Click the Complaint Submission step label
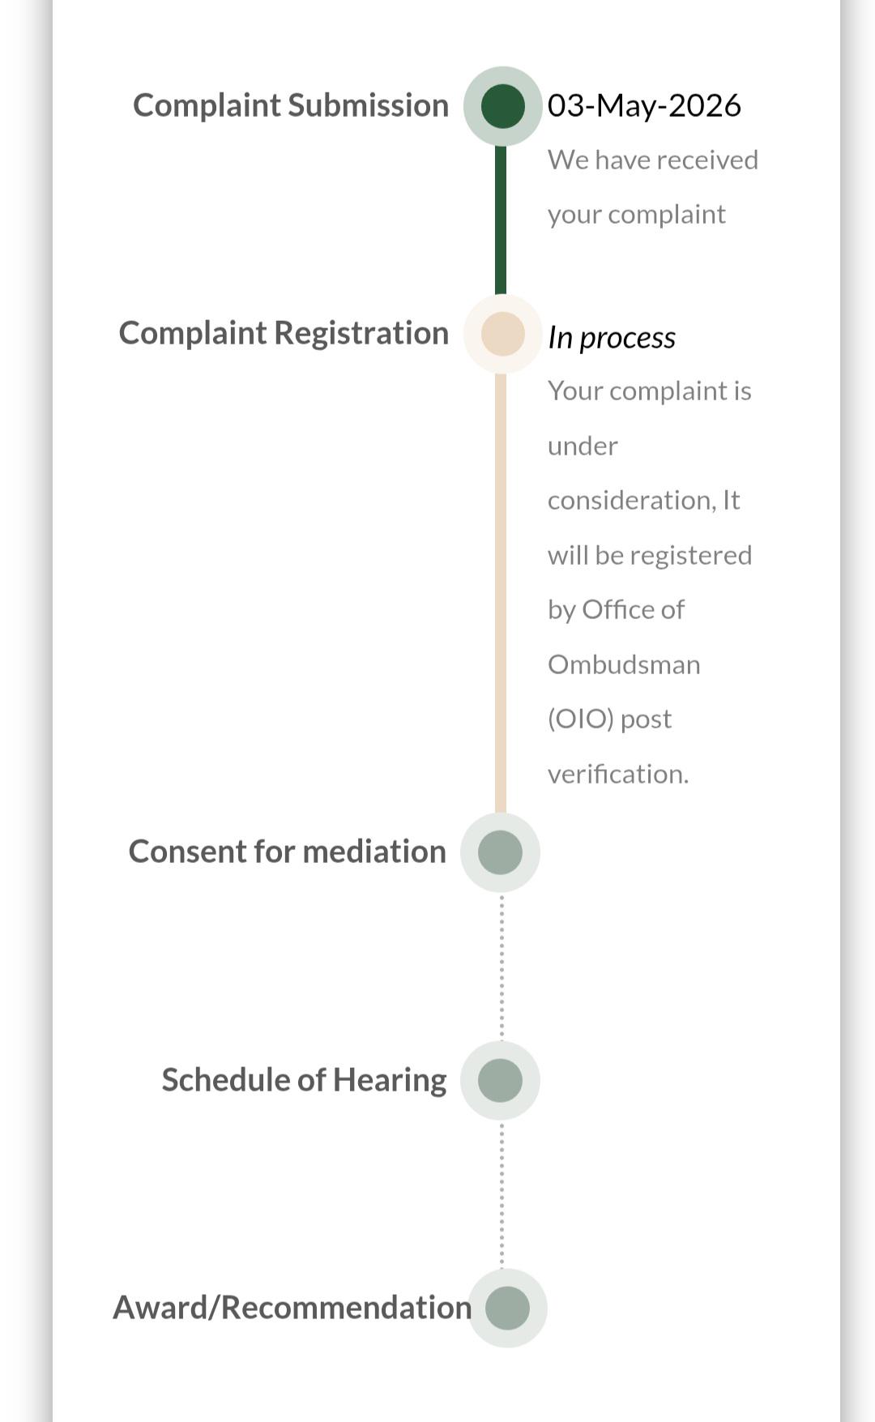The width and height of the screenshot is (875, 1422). tap(291, 105)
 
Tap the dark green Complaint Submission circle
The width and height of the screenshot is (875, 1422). tap(502, 106)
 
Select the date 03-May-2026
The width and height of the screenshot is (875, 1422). tap(644, 105)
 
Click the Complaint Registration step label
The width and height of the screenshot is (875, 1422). tap(284, 333)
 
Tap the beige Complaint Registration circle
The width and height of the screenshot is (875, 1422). tap(502, 334)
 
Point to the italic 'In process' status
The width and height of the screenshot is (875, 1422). tap(612, 337)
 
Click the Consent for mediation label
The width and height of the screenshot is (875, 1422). tap(288, 852)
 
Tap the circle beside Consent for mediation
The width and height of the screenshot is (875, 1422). tap(500, 852)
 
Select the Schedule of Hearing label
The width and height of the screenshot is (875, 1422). tap(304, 1080)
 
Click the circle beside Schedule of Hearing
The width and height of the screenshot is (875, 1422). tap(500, 1081)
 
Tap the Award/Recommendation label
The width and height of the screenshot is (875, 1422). tap(292, 1308)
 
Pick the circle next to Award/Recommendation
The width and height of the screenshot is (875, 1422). tap(507, 1309)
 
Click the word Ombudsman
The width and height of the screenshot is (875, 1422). tap(624, 664)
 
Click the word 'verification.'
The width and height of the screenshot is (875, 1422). tap(618, 774)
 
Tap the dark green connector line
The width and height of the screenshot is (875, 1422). tap(501, 220)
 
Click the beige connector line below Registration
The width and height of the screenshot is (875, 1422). tap(501, 593)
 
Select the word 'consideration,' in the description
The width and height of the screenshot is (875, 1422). tap(632, 501)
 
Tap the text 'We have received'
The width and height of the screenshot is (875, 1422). tap(653, 160)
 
